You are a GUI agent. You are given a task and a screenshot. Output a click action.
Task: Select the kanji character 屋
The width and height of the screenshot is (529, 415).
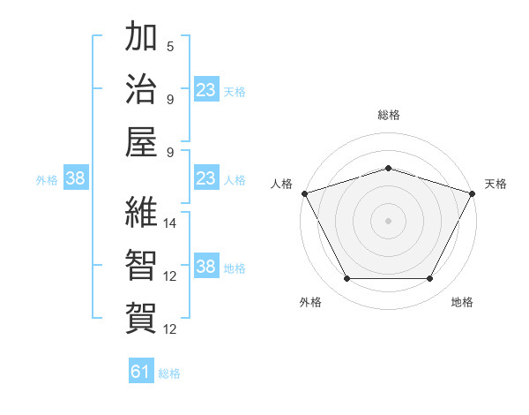(x=141, y=141)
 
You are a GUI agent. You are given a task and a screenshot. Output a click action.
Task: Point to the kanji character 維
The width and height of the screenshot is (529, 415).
(x=141, y=212)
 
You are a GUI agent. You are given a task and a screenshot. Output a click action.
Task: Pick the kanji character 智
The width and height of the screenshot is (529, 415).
(x=141, y=265)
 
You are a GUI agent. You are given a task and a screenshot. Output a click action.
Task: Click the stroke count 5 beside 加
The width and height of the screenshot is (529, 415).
(x=169, y=46)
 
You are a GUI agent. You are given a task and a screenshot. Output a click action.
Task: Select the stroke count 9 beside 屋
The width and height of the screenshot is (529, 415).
(x=169, y=152)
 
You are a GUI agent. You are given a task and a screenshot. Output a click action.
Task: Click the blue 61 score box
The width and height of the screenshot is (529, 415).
(x=141, y=372)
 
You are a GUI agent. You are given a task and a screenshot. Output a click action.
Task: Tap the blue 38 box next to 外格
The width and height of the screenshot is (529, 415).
(x=75, y=178)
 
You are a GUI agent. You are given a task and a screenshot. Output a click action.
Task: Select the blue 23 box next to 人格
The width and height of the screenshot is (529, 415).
(x=205, y=178)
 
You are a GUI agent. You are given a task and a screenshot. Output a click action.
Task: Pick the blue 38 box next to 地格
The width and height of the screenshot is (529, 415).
(x=205, y=267)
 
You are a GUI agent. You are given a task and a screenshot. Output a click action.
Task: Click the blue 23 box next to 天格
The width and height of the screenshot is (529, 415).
(x=205, y=89)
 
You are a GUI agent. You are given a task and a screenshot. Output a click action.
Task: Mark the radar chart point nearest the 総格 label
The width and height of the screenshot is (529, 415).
(x=388, y=168)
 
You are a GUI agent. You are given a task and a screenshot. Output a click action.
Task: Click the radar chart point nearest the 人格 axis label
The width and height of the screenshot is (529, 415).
(x=304, y=192)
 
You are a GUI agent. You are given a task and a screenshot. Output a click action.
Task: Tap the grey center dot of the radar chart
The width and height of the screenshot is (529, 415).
(x=388, y=220)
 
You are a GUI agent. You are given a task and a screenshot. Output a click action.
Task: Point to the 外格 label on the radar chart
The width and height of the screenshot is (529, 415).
(x=310, y=302)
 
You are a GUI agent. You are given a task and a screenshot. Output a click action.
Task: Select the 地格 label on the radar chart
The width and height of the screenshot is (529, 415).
(x=462, y=302)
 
